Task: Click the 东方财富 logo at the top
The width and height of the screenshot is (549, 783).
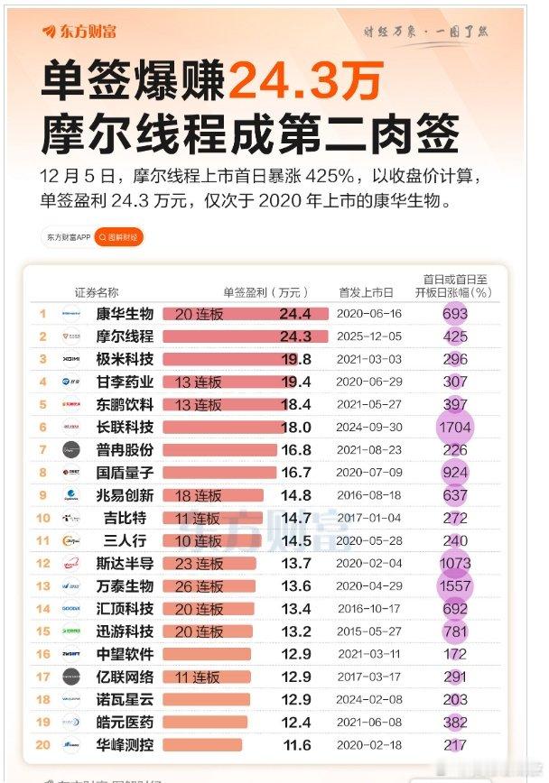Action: (x=79, y=32)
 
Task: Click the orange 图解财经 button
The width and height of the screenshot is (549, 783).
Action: (x=119, y=237)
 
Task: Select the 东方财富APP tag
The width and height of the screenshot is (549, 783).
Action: (x=69, y=237)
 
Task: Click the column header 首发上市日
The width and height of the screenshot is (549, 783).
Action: (x=366, y=292)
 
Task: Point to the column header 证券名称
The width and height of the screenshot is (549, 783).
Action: (x=97, y=292)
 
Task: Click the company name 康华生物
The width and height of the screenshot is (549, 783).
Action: (x=125, y=314)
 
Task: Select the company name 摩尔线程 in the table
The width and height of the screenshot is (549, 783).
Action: (x=125, y=336)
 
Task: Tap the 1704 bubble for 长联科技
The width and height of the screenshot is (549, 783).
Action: (x=455, y=427)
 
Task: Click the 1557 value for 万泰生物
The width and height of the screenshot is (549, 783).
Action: (x=455, y=585)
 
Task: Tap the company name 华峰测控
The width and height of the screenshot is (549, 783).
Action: (x=125, y=745)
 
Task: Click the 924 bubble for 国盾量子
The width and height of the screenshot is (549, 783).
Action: (x=455, y=472)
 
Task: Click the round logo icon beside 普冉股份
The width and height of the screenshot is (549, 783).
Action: (x=72, y=449)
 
